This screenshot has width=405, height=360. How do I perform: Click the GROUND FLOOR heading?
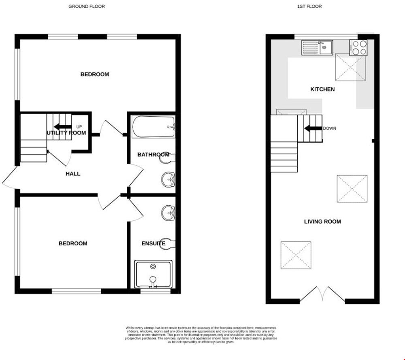[x=86, y=6]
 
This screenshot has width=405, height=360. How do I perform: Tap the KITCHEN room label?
[x=322, y=89]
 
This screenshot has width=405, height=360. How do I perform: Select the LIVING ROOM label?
[x=322, y=222]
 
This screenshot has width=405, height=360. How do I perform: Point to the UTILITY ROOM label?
[x=66, y=133]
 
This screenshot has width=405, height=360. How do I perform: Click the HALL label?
[x=73, y=174]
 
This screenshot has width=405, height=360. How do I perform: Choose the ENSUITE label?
[x=153, y=243]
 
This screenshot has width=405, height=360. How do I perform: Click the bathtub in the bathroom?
[x=153, y=127]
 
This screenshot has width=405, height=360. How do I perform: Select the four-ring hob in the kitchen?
[x=358, y=48]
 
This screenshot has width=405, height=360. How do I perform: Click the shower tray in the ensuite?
[x=153, y=274]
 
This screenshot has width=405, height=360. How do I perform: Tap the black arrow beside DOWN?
[x=313, y=128]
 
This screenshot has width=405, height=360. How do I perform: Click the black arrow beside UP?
[x=63, y=127]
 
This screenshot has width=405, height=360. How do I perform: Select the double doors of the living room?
[x=322, y=294]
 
